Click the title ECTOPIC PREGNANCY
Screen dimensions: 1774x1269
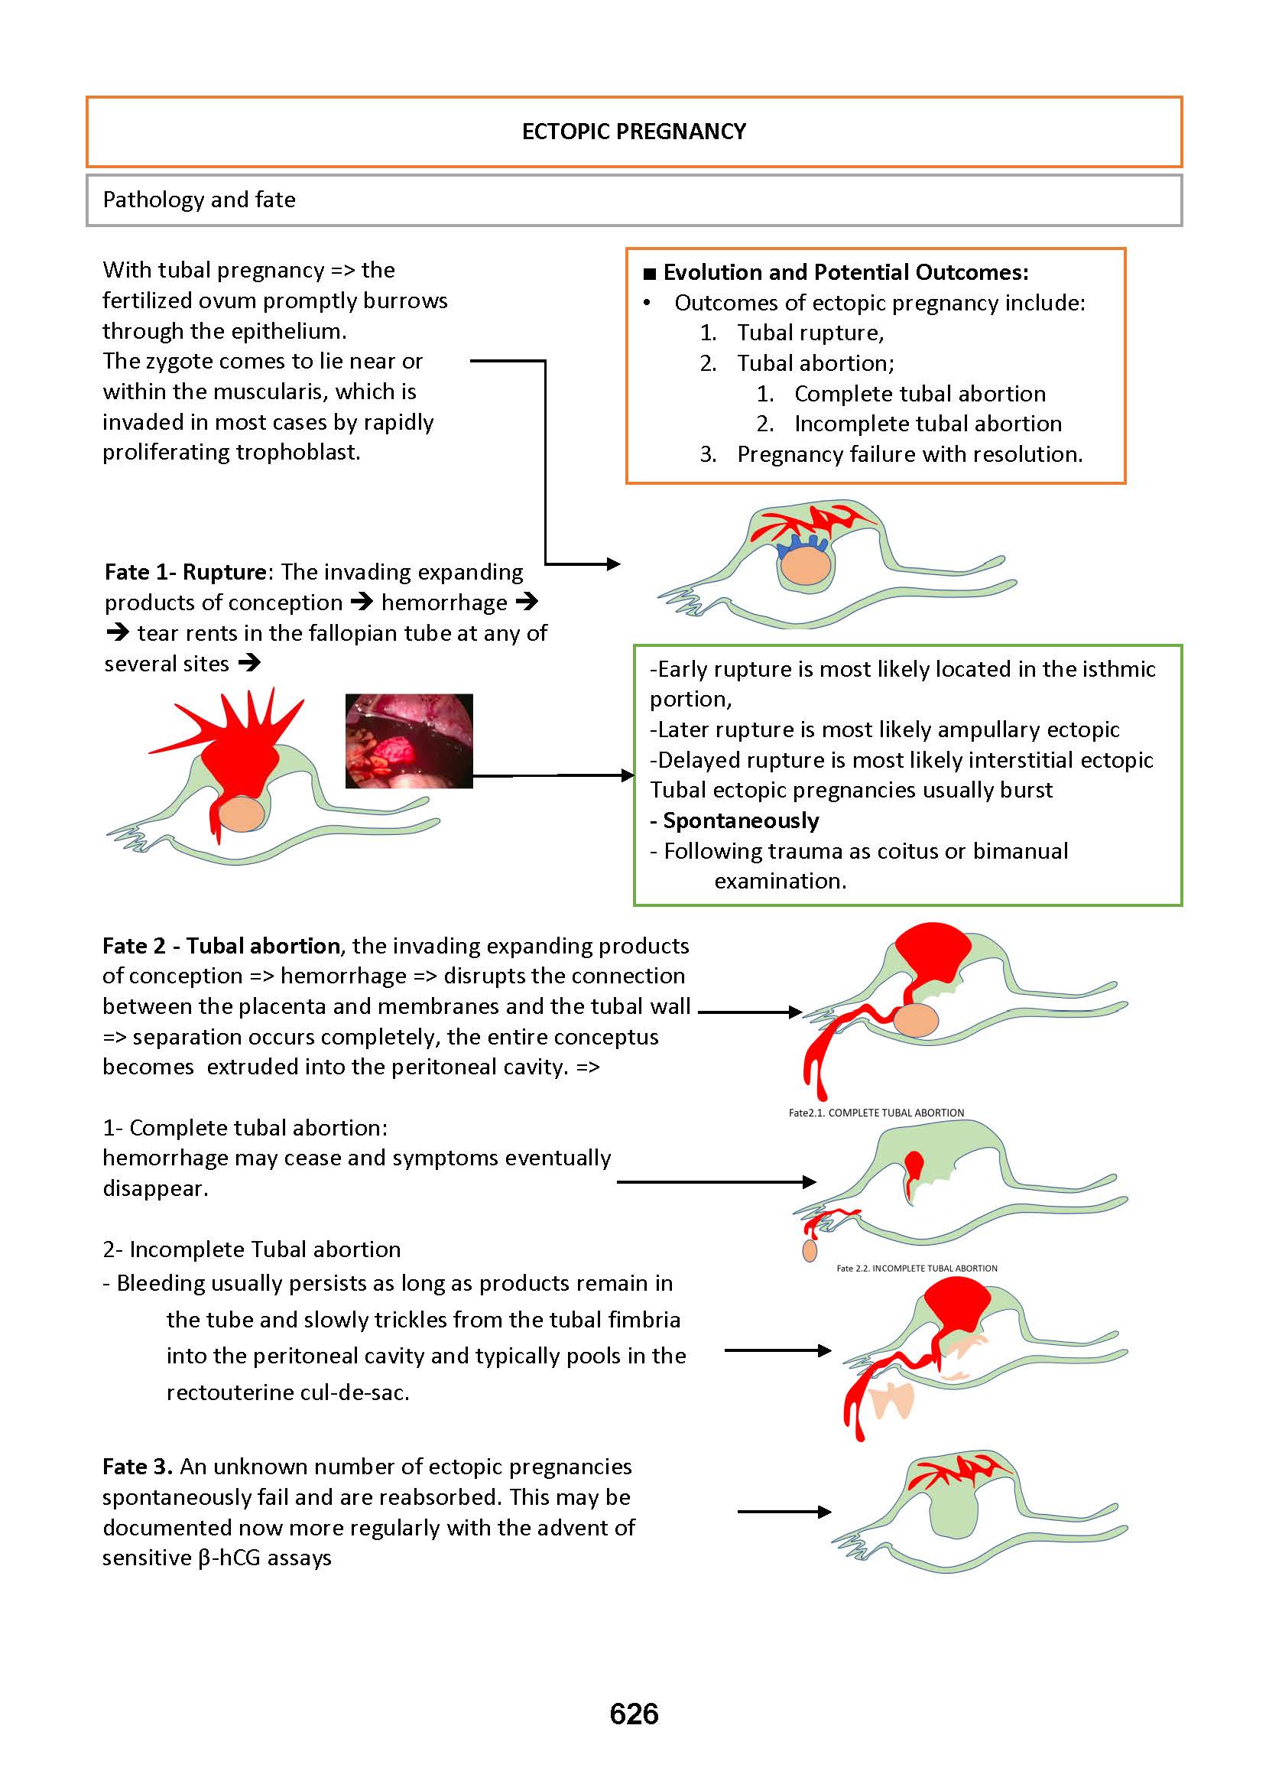(x=634, y=132)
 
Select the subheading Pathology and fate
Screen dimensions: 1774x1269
(x=200, y=200)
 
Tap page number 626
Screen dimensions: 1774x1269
(x=634, y=1714)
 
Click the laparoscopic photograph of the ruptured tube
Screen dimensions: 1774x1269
(x=409, y=740)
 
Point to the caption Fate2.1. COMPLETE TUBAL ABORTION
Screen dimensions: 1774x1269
(x=876, y=1113)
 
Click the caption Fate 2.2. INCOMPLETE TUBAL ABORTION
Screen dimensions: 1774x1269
(x=917, y=1269)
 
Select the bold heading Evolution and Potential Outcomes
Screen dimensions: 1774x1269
(x=845, y=273)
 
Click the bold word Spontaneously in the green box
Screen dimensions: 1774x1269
(x=740, y=820)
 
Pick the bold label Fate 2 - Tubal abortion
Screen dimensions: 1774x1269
(x=221, y=947)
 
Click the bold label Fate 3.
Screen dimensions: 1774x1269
(x=137, y=1467)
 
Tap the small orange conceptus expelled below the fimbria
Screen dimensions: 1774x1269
(x=810, y=1251)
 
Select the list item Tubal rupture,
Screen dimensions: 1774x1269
(x=810, y=333)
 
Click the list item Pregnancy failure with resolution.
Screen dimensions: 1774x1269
(x=910, y=455)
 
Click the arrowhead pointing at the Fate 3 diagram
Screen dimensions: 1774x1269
(x=825, y=1512)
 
